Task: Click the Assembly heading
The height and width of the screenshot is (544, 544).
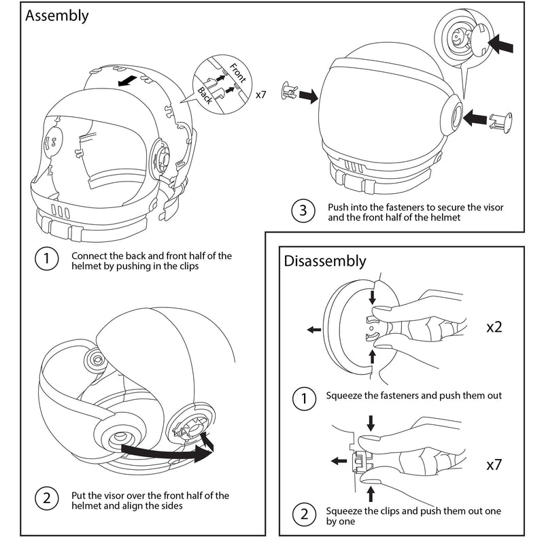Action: click(x=57, y=16)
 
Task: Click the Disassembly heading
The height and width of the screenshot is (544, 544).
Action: click(x=324, y=261)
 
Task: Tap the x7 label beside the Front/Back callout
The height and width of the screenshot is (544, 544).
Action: click(x=261, y=95)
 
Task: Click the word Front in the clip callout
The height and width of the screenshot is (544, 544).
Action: click(x=237, y=72)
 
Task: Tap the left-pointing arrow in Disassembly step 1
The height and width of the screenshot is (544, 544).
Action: click(x=314, y=330)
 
